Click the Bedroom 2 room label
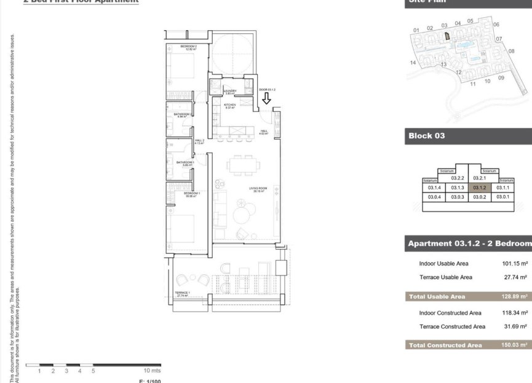tap(188, 47)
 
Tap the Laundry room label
tap(230, 92)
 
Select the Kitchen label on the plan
tap(229, 106)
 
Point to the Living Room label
tap(257, 189)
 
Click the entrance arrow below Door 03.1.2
tap(266, 100)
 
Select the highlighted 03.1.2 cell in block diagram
tap(480, 188)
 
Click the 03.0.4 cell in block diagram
tap(434, 197)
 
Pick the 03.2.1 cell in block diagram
tap(480, 178)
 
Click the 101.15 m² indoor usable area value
tap(515, 263)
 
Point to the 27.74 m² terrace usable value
tap(515, 277)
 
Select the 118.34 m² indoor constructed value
tap(515, 313)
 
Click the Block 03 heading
tap(426, 136)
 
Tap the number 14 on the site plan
tap(413, 63)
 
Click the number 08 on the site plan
tap(511, 51)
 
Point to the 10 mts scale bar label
tap(151, 371)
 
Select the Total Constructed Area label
tap(445, 345)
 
